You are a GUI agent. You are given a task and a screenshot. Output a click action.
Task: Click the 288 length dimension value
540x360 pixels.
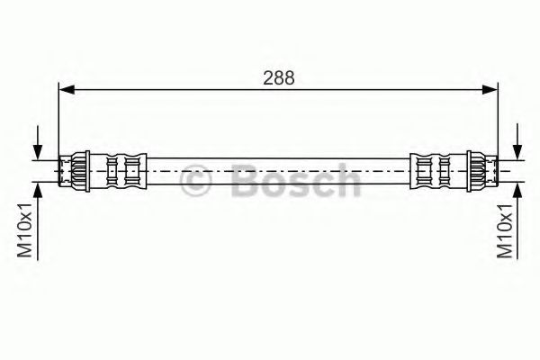[279, 78]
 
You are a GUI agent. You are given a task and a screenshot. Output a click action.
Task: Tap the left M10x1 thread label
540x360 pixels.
[25, 229]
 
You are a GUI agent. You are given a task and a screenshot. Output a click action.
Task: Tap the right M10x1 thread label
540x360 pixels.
[505, 229]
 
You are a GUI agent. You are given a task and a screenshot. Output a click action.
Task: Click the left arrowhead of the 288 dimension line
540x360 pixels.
[67, 90]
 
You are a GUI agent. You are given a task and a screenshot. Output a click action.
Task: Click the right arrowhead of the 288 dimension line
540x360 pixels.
[490, 90]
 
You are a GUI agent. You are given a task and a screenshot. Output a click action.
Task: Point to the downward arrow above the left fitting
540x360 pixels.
[38, 142]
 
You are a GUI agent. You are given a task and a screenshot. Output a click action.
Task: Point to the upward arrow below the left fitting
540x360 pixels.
[38, 221]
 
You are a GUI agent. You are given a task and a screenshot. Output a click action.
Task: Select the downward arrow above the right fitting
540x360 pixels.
[517, 142]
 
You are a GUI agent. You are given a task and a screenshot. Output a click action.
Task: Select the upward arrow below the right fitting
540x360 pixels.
[517, 221]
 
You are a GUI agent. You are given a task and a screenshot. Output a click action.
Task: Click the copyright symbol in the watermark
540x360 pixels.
[195, 181]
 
